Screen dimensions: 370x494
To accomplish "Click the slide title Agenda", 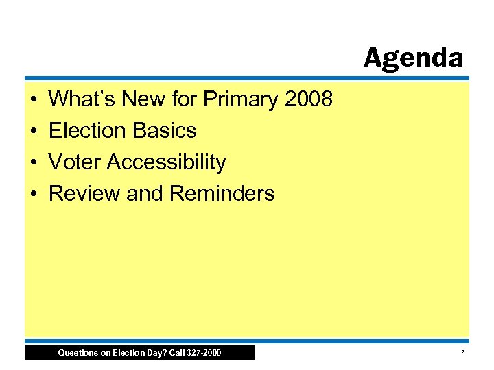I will (413, 58).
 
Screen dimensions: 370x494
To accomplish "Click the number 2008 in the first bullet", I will (308, 100).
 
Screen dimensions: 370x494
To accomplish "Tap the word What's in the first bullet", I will (82, 100).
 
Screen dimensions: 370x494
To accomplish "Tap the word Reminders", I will (222, 194).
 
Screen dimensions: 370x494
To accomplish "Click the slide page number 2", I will (463, 352).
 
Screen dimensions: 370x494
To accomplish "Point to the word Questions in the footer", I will (79, 353).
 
